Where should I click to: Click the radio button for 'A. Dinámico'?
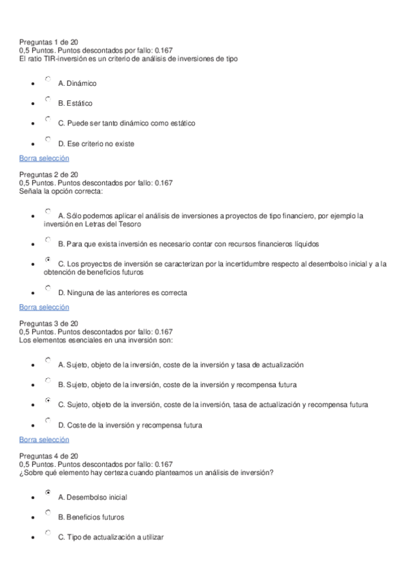tap(48, 80)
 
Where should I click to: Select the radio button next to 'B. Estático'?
tap(48, 100)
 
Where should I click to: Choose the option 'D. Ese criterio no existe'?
tap(48, 140)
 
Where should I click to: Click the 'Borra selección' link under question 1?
tap(44, 158)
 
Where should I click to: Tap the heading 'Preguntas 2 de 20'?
tap(49, 174)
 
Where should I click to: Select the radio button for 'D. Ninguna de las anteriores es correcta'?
tap(48, 289)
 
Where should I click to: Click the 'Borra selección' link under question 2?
tap(44, 307)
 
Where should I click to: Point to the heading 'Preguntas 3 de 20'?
tap(49, 323)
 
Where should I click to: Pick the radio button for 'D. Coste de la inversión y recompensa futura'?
tap(48, 421)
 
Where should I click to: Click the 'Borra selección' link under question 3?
tap(44, 440)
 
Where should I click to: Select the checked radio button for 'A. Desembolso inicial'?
tap(48, 492)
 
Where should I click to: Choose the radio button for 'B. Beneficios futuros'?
tap(48, 513)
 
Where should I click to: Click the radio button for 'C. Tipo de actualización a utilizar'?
tap(48, 533)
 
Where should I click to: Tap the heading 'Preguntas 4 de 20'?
tap(49, 455)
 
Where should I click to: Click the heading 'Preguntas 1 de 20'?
tap(49, 42)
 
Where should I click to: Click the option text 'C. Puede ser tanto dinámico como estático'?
tap(127, 123)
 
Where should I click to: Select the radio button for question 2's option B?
tap(48, 240)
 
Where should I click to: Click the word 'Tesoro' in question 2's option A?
tap(121, 224)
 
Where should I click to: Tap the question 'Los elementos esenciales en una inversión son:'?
tap(96, 339)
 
